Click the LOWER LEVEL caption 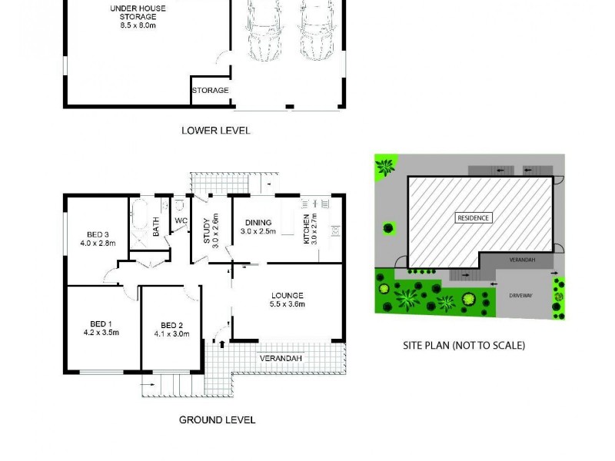[216, 131]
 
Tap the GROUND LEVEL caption [217, 420]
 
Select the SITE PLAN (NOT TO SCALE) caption [464, 346]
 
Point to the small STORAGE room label [211, 90]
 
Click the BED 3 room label [97, 239]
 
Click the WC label [181, 221]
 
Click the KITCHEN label [307, 231]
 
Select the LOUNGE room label [288, 300]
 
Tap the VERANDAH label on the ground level [280, 359]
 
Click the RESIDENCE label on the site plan [474, 217]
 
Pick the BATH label [156, 227]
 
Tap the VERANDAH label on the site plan [522, 260]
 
